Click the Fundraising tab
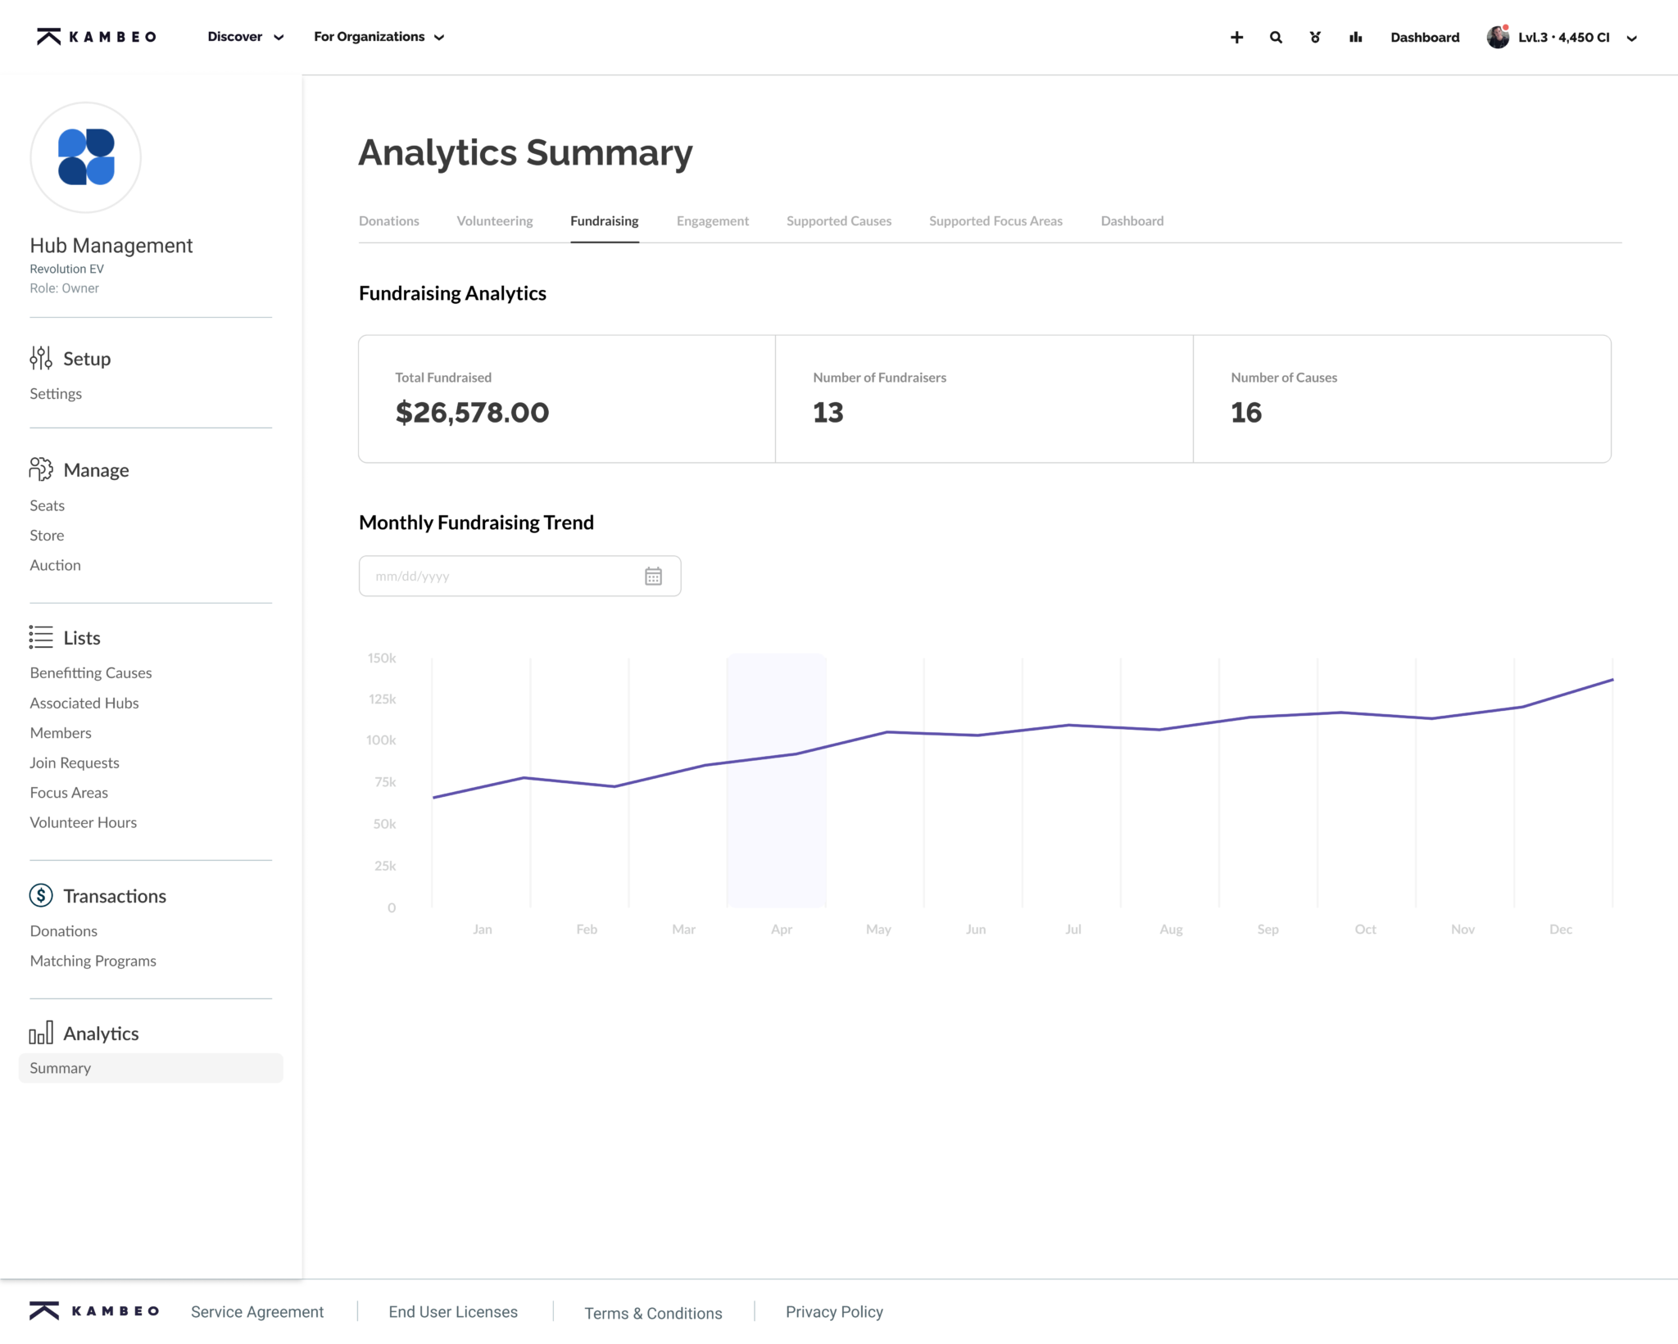pyautogui.click(x=604, y=221)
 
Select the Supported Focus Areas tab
pyautogui.click(x=995, y=221)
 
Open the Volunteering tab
pyautogui.click(x=494, y=221)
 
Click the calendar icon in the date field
pyautogui.click(x=653, y=577)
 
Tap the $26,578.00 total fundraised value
pyautogui.click(x=472, y=413)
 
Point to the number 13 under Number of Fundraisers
pyautogui.click(x=828, y=413)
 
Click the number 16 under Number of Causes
pyautogui.click(x=1245, y=413)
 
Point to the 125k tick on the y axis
pyautogui.click(x=382, y=699)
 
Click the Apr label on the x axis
pyautogui.click(x=781, y=930)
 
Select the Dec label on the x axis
pyautogui.click(x=1560, y=930)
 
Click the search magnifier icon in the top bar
pyautogui.click(x=1276, y=38)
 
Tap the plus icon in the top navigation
pyautogui.click(x=1236, y=38)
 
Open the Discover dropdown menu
pyautogui.click(x=245, y=37)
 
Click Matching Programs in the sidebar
pyautogui.click(x=93, y=962)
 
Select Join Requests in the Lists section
pyautogui.click(x=75, y=763)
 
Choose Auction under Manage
pyautogui.click(x=55, y=566)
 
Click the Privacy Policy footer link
pyautogui.click(x=834, y=1312)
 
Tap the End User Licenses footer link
pyautogui.click(x=452, y=1312)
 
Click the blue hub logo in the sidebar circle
pyautogui.click(x=86, y=157)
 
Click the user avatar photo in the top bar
pyautogui.click(x=1497, y=38)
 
